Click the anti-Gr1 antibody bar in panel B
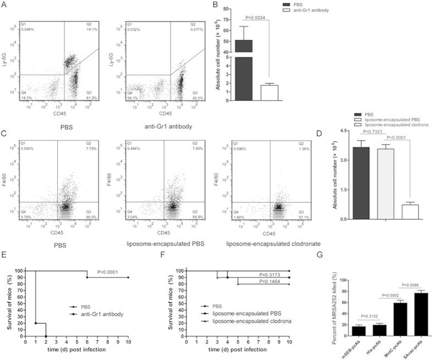270,92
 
